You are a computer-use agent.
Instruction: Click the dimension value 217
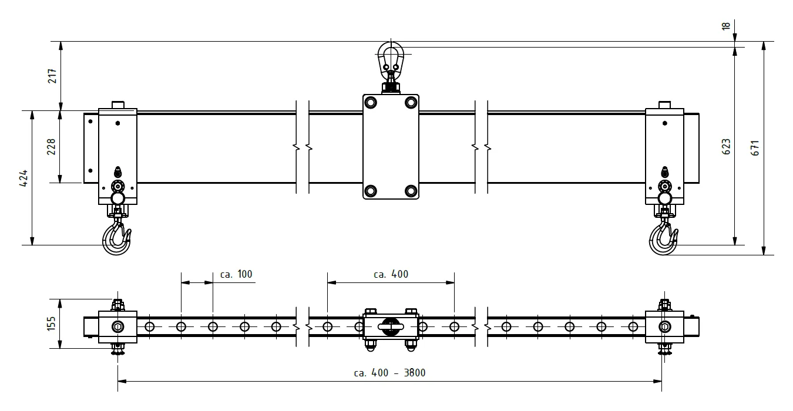coord(52,76)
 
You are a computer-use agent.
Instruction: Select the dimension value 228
coord(52,147)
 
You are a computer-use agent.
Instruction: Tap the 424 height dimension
coord(23,178)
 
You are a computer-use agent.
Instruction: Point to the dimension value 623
coord(725,147)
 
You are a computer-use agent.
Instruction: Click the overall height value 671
coord(755,148)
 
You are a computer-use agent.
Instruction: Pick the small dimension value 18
coord(725,26)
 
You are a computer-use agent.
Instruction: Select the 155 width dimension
coord(52,324)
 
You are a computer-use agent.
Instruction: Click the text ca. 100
coord(236,274)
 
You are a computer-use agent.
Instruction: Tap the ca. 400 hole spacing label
coord(391,274)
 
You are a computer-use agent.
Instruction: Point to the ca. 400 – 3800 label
coord(389,373)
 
